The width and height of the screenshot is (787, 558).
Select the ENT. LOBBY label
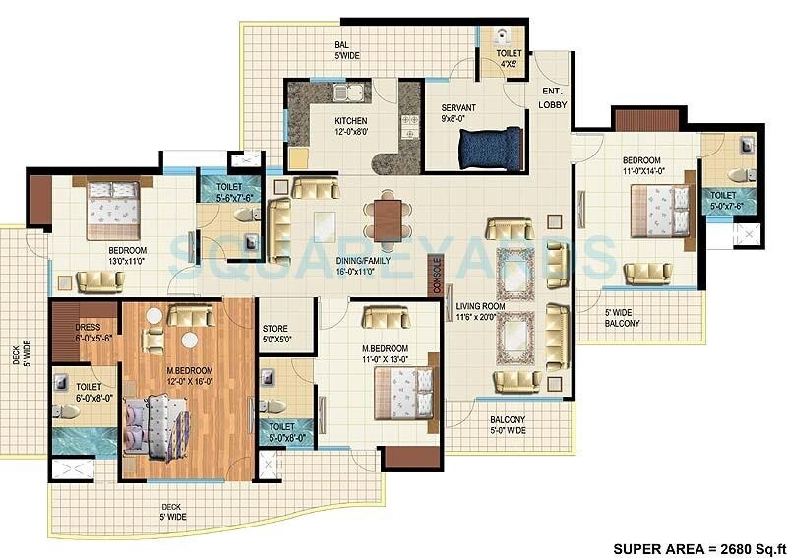click(x=552, y=97)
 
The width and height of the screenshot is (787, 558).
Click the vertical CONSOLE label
click(x=437, y=277)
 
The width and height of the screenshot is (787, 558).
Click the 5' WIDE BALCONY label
click(x=622, y=318)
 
